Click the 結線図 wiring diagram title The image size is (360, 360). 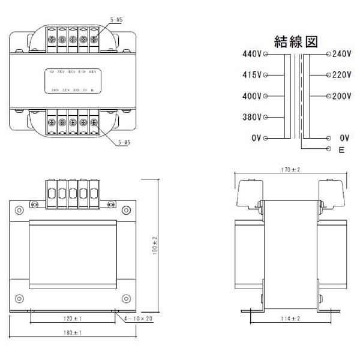295,41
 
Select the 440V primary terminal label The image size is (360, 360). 252,54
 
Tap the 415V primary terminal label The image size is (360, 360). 252,75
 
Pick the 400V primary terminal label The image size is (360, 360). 252,96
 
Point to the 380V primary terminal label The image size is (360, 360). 252,117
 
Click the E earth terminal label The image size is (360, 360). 341,150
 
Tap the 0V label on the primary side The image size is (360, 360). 256,138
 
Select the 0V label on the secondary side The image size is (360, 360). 344,138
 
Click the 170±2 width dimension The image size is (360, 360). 290,170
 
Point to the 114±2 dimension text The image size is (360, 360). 290,318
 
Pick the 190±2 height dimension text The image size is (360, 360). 154,245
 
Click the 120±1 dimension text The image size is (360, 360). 73,318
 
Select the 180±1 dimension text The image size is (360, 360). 73,332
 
